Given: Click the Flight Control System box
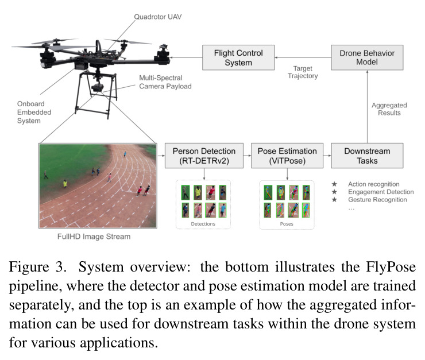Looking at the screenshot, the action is tap(238, 57).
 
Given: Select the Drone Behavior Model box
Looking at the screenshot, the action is tap(367, 57).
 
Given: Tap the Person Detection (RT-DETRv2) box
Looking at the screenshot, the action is tap(204, 156).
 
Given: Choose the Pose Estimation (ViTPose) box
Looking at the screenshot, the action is tap(287, 156).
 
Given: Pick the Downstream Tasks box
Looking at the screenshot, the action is tap(367, 156).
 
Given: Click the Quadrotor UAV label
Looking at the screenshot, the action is tap(158, 17).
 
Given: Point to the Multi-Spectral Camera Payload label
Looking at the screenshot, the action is tap(165, 82).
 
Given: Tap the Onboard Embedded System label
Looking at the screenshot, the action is tap(34, 112).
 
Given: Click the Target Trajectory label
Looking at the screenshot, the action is tap(303, 72).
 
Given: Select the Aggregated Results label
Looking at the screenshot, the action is tap(389, 109).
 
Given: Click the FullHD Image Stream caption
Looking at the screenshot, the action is tap(94, 237).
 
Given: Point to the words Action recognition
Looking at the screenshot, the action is tap(374, 184).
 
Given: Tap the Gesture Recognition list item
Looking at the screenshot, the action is tap(377, 200).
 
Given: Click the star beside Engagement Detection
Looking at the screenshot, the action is tap(334, 192).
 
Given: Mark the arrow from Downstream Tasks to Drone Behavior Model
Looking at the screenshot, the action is tap(367, 107).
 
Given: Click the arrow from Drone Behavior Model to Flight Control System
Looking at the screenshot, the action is tap(303, 57).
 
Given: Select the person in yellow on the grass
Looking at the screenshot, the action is tap(65, 183).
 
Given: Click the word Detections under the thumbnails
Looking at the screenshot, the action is tap(203, 224).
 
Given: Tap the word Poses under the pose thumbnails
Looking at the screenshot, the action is tap(287, 224).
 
